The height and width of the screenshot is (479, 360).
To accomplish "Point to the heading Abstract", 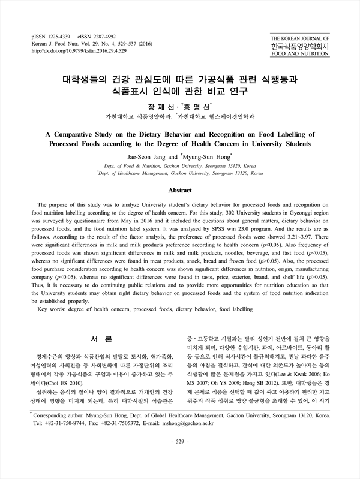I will pos(179,189).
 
